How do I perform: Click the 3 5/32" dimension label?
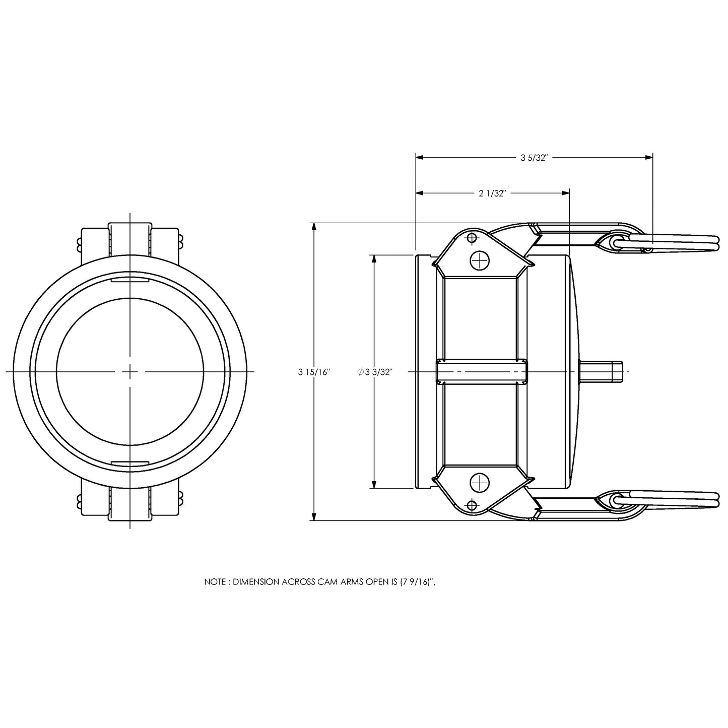534,158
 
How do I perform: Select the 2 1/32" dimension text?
492,193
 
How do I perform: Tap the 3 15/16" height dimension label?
314,372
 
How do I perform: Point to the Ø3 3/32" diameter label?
375,372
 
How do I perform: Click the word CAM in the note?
327,582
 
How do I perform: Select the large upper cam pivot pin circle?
480,260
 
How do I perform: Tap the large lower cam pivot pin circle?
480,483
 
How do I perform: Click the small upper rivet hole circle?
472,238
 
